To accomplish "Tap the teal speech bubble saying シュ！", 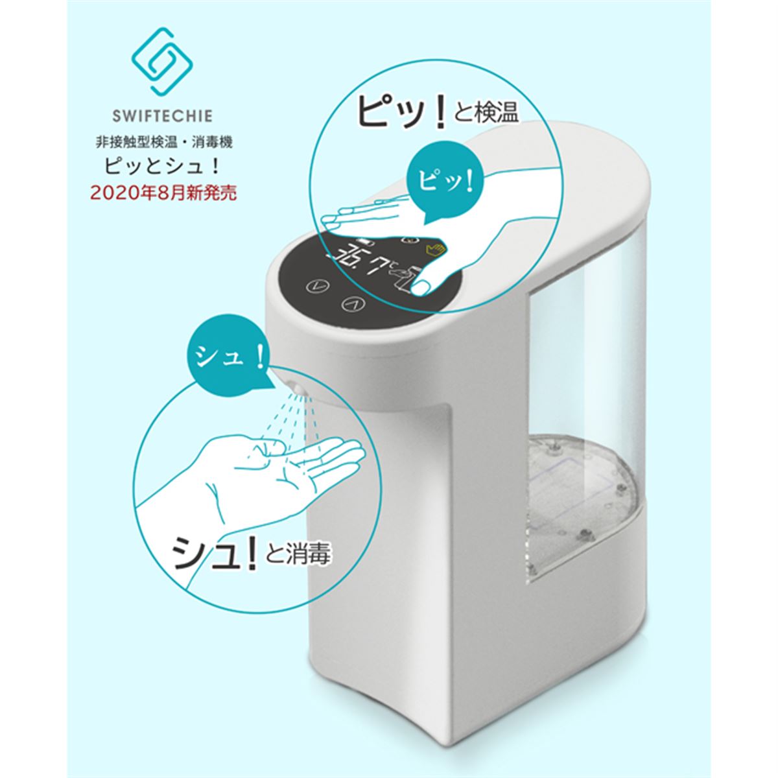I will [x=226, y=358].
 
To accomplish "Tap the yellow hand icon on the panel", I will [x=432, y=248].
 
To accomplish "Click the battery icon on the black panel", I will [x=364, y=240].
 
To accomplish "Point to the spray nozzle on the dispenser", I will [x=298, y=388].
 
